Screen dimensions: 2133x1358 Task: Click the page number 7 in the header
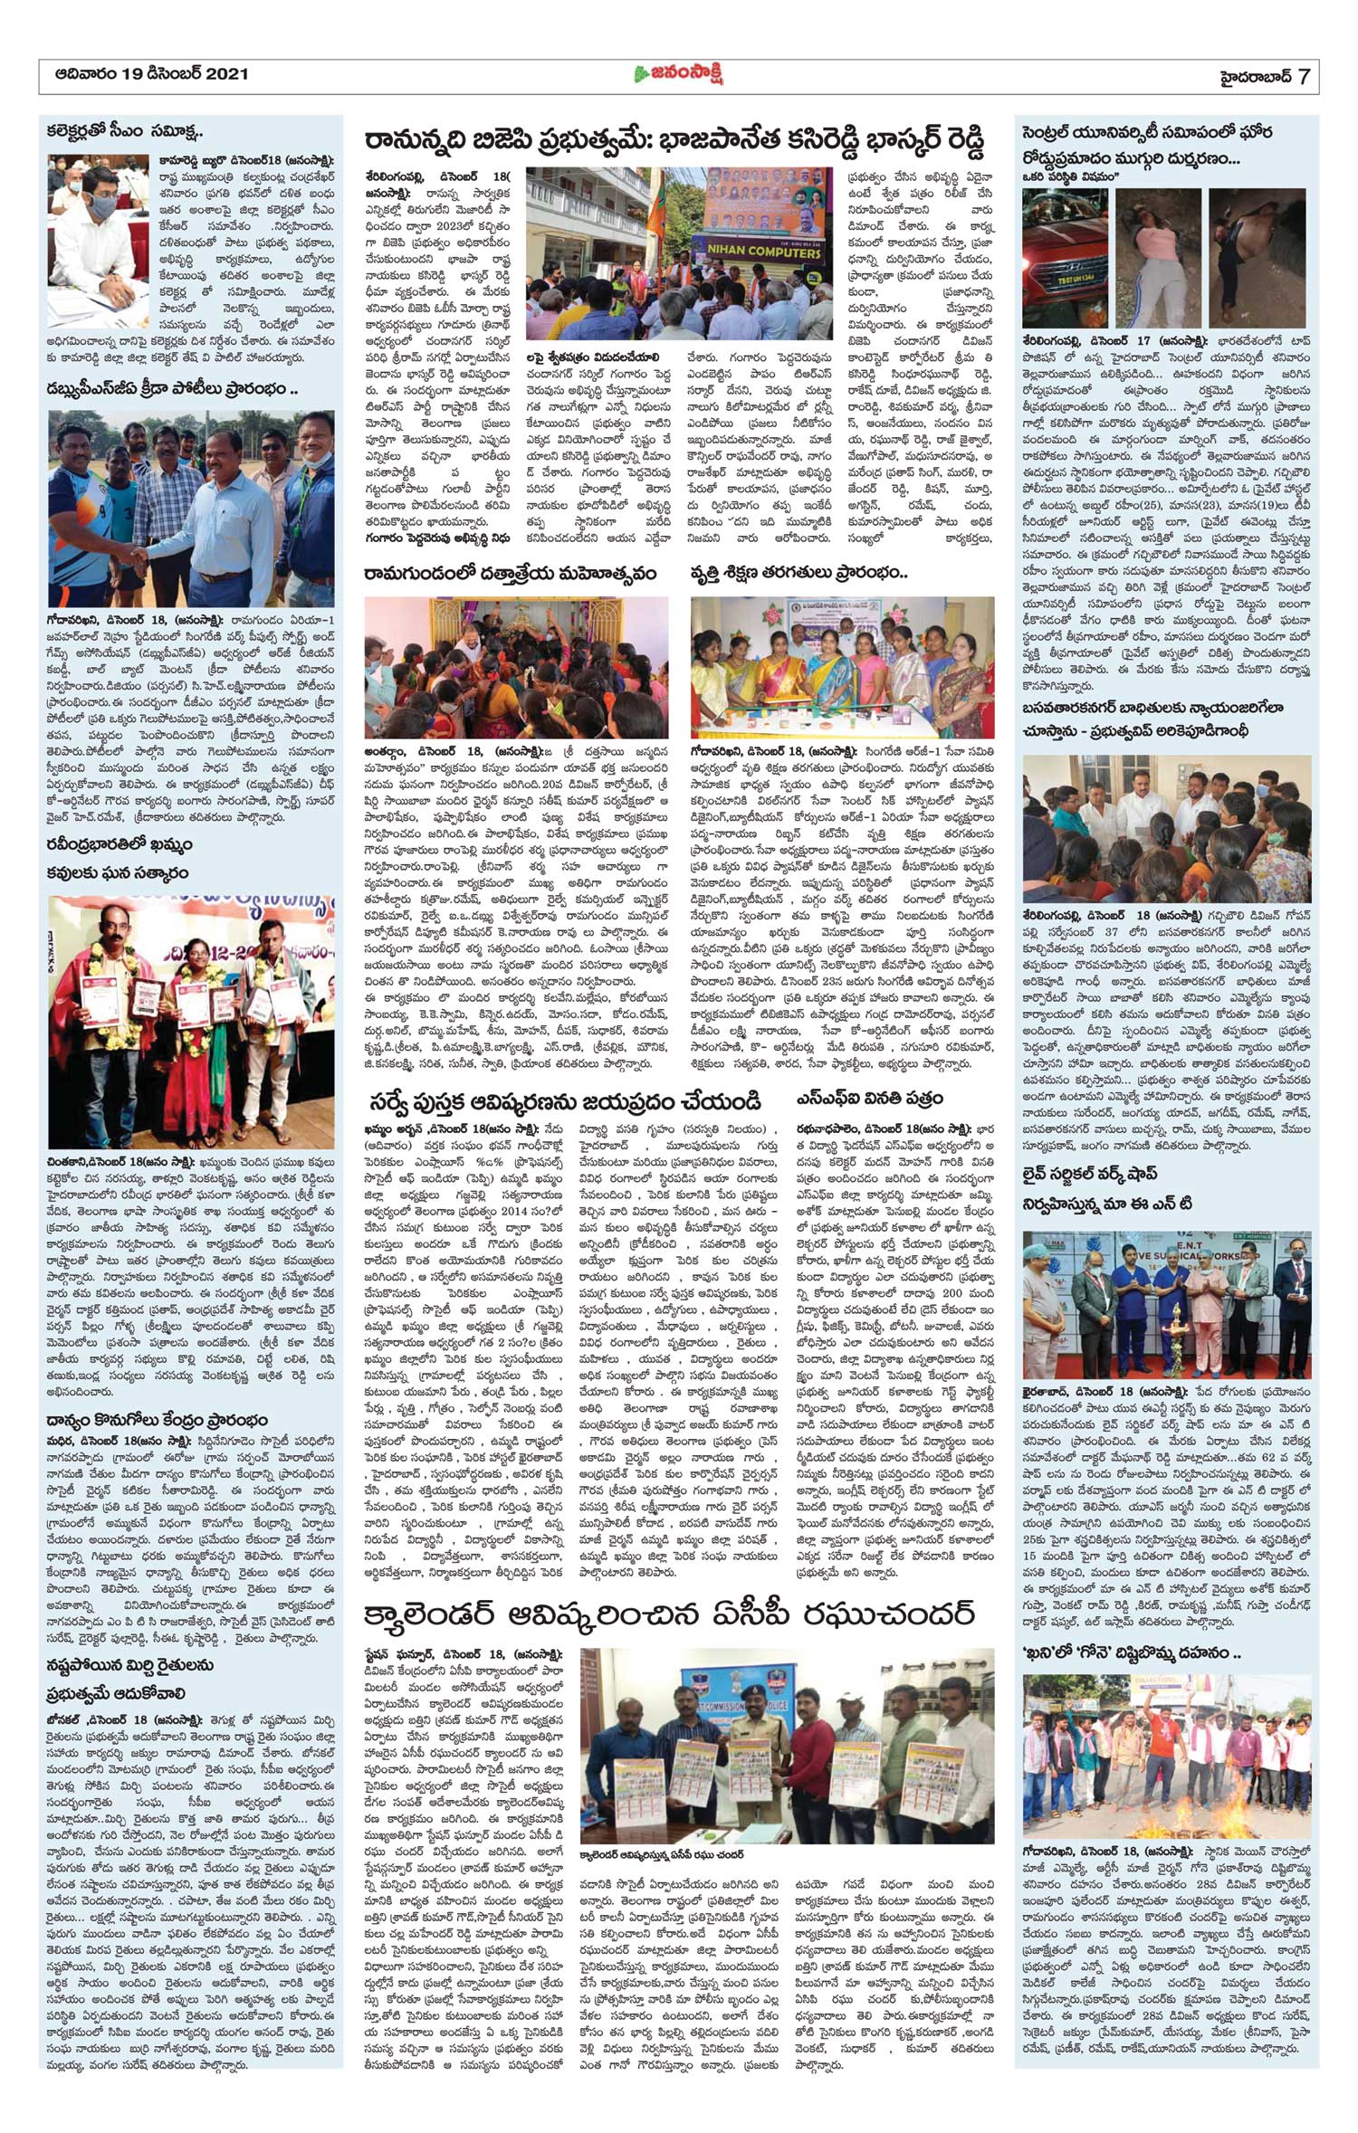[x=1303, y=76]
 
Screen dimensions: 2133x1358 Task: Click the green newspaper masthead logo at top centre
[x=678, y=74]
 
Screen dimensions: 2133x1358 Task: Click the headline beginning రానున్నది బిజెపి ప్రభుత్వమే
[x=674, y=140]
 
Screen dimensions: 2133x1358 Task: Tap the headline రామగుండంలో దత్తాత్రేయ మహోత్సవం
[x=510, y=574]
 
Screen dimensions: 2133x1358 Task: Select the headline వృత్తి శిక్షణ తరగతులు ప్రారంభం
[x=799, y=574]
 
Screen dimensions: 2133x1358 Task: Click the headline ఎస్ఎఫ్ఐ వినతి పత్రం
[x=870, y=1098]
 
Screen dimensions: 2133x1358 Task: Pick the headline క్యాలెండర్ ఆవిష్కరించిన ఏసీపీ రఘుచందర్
[x=671, y=1614]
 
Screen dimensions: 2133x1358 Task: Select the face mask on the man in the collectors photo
[x=103, y=206]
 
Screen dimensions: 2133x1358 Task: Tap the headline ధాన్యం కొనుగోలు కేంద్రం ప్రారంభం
[x=158, y=1420]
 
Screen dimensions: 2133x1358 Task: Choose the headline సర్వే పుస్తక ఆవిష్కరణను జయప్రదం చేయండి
[x=565, y=1100]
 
